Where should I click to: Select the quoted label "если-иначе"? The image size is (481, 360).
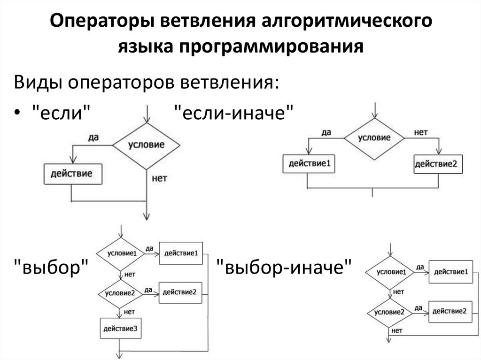(x=234, y=113)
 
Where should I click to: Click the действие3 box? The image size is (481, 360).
(x=120, y=328)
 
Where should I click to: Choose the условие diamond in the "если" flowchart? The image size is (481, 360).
(x=146, y=145)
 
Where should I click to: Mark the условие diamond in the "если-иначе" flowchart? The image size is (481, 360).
(x=374, y=138)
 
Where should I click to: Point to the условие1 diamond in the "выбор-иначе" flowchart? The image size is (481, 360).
(x=389, y=272)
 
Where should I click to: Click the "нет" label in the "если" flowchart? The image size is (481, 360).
(x=160, y=178)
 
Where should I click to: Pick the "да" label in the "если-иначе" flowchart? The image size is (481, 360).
(x=326, y=132)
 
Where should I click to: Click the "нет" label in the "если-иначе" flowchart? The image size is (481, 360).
(x=420, y=132)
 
